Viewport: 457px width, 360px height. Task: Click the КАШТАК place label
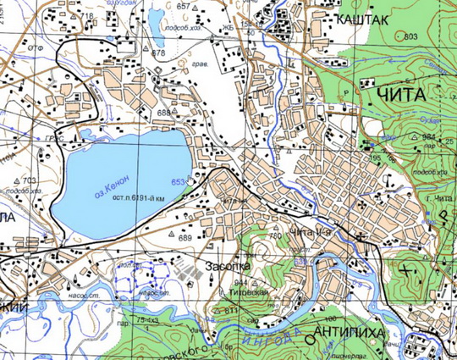click(362, 18)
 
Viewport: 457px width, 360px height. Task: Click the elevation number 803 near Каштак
click(411, 37)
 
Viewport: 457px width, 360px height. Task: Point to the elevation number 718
click(87, 16)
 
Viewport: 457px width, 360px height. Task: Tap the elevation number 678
click(158, 53)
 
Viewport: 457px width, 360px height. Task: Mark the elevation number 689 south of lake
click(185, 238)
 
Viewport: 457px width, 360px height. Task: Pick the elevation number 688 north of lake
click(163, 113)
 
